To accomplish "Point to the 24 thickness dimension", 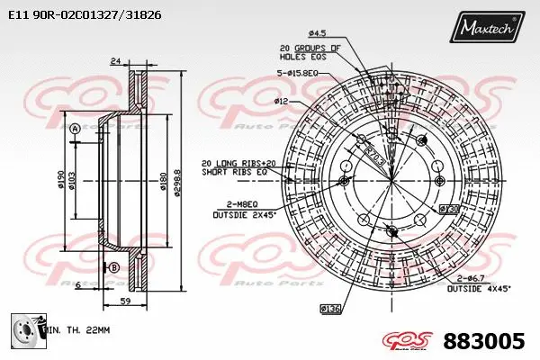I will (115, 62).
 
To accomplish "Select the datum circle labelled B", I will (114, 267).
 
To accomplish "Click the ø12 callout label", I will (282, 102).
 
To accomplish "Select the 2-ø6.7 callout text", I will (471, 279).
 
